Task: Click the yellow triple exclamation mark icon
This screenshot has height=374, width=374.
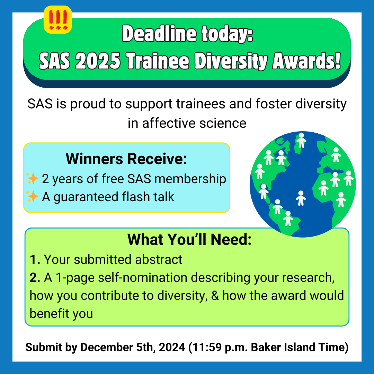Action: click(x=57, y=20)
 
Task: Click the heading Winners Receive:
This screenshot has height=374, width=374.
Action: click(x=126, y=159)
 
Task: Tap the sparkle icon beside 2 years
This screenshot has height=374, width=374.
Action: click(x=32, y=179)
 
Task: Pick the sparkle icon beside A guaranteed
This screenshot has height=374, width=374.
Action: click(x=32, y=197)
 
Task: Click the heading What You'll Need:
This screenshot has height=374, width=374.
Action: click(x=189, y=239)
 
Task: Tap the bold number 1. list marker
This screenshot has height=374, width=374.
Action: click(x=35, y=259)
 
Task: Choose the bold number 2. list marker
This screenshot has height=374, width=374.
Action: click(x=35, y=277)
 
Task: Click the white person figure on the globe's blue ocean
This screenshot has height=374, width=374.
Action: click(x=301, y=197)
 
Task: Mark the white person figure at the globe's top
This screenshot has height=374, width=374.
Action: click(x=302, y=140)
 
